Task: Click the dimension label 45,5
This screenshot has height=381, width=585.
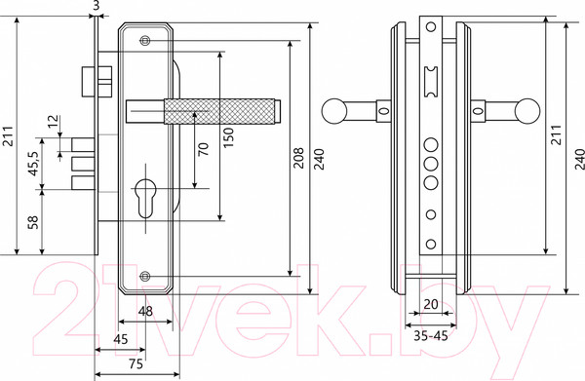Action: (33, 164)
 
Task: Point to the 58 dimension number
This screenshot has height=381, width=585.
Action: (33, 222)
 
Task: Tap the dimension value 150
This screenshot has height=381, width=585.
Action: (229, 137)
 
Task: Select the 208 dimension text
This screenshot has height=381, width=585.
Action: (298, 158)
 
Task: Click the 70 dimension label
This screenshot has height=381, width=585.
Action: (204, 149)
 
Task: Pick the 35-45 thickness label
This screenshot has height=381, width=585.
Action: (431, 336)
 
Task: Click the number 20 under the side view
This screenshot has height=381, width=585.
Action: (431, 305)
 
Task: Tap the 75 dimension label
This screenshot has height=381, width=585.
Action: (136, 363)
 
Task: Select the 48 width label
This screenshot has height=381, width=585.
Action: (145, 311)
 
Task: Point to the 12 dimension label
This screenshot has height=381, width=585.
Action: (53, 121)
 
